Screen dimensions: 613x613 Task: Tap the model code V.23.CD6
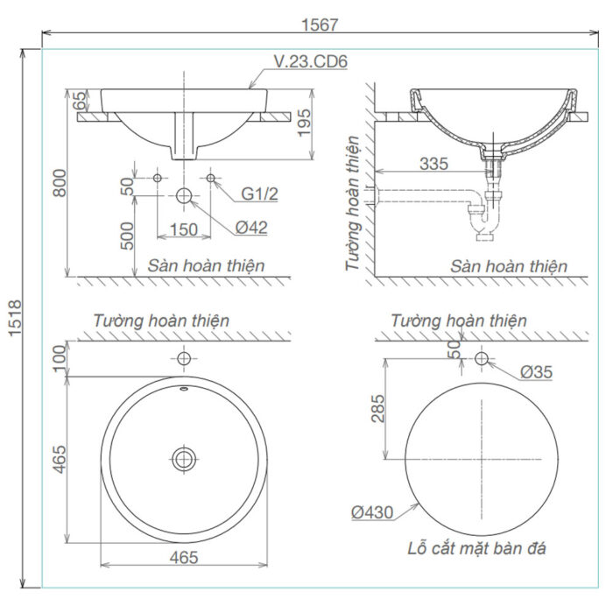click(312, 62)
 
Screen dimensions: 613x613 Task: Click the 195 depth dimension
click(326, 124)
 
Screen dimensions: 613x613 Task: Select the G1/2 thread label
click(259, 193)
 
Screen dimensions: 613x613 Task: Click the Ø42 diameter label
click(251, 228)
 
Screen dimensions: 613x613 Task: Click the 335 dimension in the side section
click(434, 164)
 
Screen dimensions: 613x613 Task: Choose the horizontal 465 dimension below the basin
click(184, 556)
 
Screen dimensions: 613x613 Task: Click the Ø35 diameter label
click(536, 371)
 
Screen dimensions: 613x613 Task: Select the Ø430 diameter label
click(374, 512)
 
